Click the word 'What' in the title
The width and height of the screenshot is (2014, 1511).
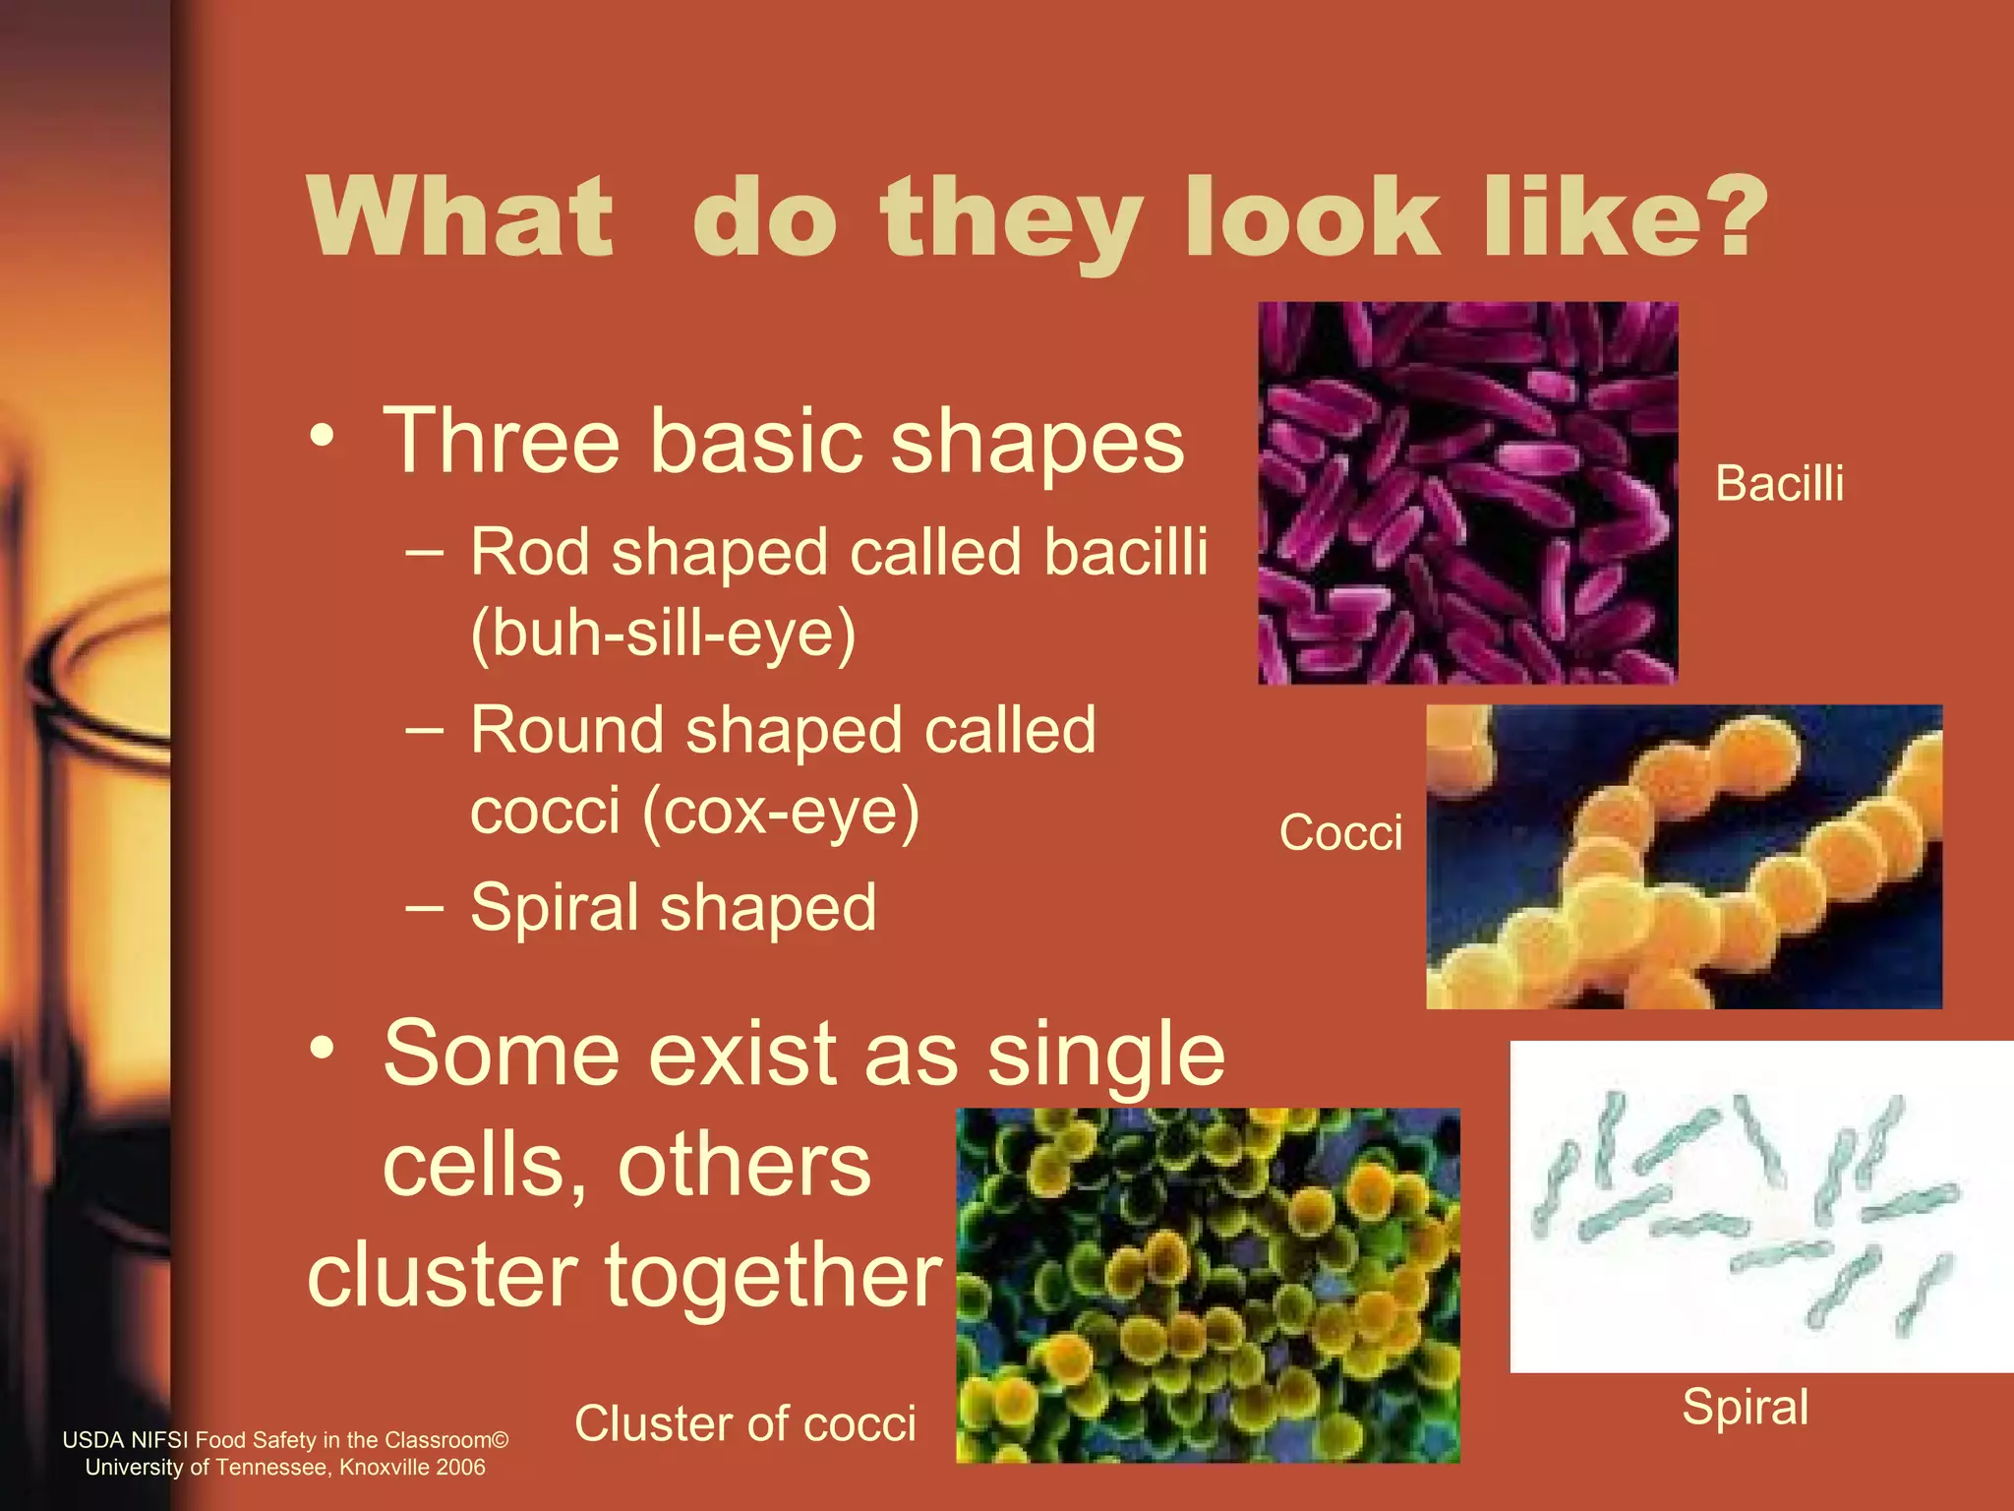coord(460,216)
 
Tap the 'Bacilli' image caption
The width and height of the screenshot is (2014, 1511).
coord(1779,483)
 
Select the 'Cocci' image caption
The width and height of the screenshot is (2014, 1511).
coord(1340,832)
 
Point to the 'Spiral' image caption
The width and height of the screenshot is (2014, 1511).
coord(1745,1406)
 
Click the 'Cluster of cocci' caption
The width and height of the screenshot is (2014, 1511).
coord(744,1422)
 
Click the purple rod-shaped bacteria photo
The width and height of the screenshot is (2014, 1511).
coord(1467,492)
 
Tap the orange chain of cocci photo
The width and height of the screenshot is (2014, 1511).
coord(1684,856)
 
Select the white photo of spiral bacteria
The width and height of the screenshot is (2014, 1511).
coord(1760,1206)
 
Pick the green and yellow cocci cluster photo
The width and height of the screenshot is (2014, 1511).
coord(1208,1285)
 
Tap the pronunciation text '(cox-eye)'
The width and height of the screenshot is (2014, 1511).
coord(781,812)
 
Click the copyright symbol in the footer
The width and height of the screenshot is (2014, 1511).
coord(500,1440)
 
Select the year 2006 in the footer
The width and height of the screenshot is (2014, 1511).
coord(461,1467)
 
